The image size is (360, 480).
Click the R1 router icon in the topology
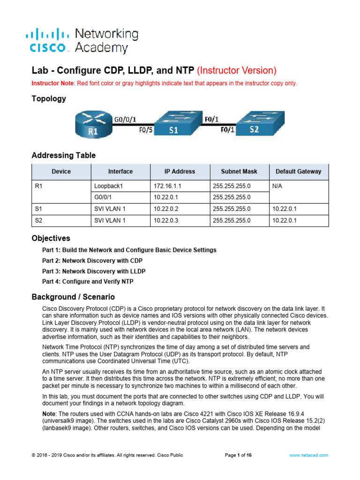coord(93,124)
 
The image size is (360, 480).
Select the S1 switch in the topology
coord(173,124)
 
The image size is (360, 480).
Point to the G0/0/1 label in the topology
coord(125,120)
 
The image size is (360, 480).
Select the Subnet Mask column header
coord(239,172)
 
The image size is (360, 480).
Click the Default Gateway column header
coord(299,172)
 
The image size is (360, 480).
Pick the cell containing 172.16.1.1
coord(168,186)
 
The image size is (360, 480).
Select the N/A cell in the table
coord(278,186)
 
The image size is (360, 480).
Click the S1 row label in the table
coord(39,209)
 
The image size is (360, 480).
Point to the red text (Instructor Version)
coord(237,71)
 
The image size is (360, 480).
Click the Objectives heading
coord(51,238)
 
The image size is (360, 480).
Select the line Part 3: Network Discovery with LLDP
coord(94,271)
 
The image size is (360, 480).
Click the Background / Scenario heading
coord(73,297)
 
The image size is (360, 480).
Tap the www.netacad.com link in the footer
coord(308,455)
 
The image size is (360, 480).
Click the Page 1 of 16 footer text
coord(239,455)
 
